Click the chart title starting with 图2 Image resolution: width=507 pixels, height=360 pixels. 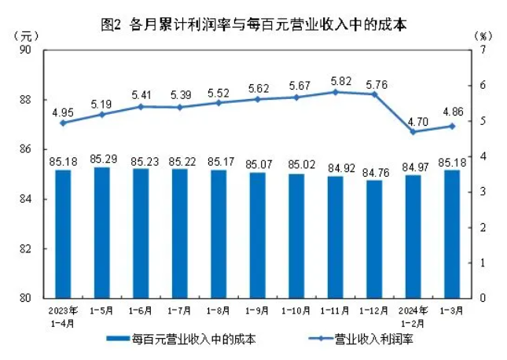(x=254, y=24)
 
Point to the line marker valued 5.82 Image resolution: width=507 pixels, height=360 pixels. (x=336, y=92)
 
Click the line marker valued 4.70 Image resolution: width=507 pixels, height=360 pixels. (x=413, y=131)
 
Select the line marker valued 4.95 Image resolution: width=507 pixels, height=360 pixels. (x=63, y=123)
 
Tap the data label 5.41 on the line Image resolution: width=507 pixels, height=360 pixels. (x=141, y=95)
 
